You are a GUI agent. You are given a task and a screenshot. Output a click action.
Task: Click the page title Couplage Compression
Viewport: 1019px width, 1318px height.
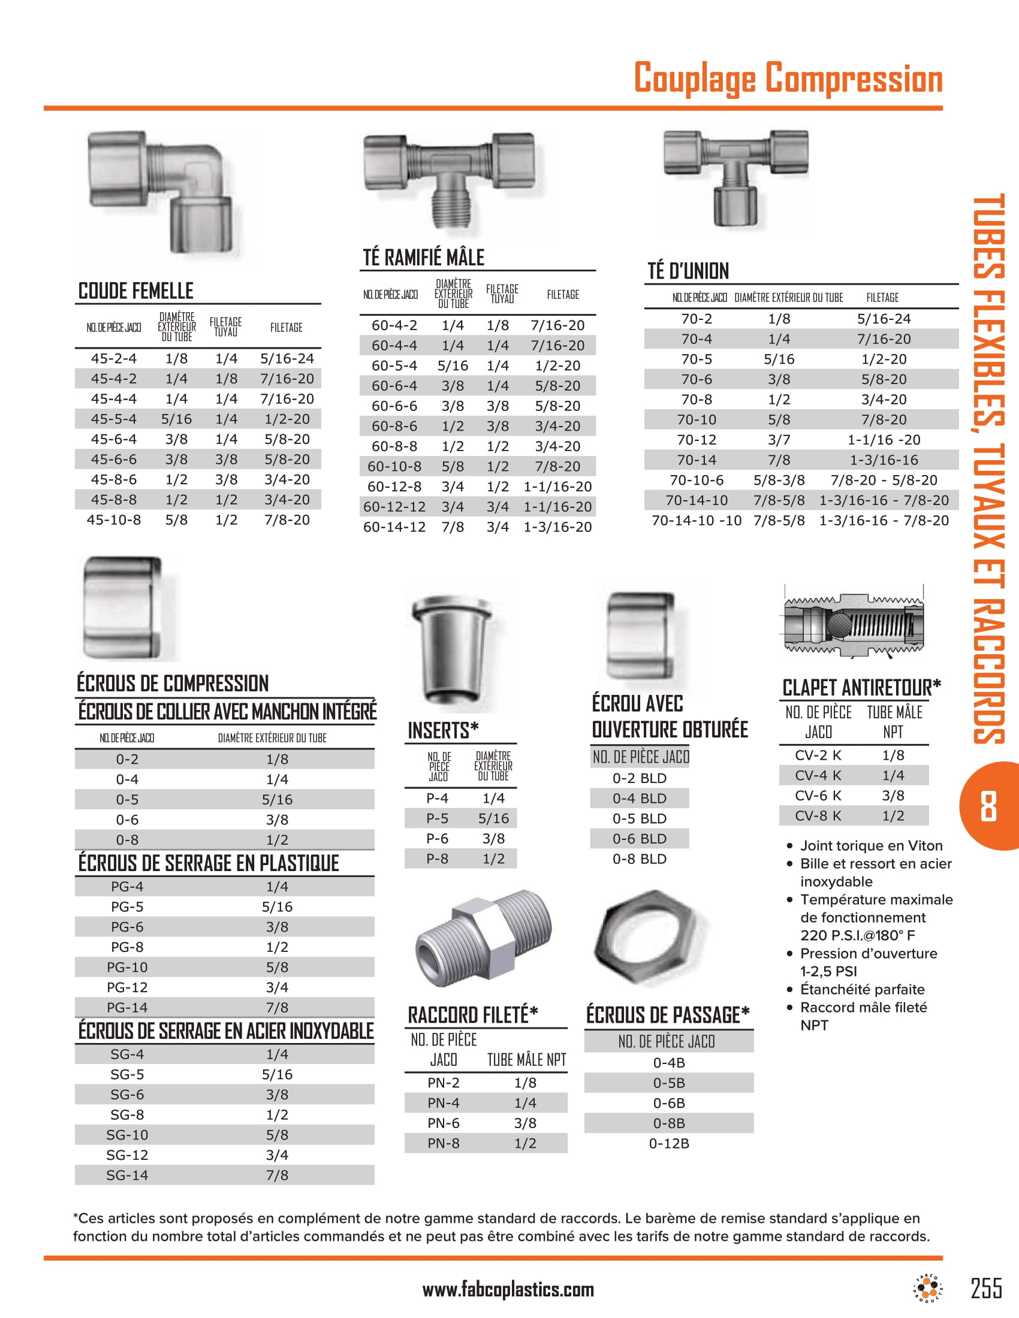pos(788,78)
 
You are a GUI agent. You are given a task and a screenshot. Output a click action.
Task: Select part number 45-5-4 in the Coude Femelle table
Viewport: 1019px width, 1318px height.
pos(113,419)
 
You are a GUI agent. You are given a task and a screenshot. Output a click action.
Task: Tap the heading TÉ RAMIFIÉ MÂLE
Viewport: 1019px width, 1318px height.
pos(423,258)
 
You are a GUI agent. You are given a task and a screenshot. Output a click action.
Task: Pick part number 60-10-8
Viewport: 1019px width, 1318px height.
pos(394,467)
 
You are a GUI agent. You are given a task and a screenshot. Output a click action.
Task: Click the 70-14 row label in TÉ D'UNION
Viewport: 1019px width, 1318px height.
pos(696,460)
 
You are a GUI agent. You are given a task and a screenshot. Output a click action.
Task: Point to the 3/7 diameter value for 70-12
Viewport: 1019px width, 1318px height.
pos(779,440)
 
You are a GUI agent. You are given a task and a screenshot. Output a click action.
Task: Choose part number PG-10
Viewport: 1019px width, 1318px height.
pos(126,968)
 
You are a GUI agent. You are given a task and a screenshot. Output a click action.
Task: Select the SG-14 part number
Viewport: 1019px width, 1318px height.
pos(126,1175)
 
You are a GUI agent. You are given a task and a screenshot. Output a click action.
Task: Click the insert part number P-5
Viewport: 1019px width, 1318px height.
pos(437,818)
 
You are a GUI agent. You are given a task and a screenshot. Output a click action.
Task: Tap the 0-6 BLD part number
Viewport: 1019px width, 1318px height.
pos(640,839)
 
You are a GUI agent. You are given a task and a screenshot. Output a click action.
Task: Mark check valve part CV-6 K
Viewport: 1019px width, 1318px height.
pos(818,796)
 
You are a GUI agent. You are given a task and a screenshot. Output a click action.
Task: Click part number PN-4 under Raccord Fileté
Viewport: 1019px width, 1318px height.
pos(443,1103)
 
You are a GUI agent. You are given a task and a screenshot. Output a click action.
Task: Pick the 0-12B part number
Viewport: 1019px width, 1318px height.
pos(669,1144)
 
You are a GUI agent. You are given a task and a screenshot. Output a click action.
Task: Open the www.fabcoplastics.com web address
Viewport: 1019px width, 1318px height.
pos(508,1290)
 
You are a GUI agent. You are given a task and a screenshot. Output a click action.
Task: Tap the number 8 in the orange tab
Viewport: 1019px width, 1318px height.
pos(988,806)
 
